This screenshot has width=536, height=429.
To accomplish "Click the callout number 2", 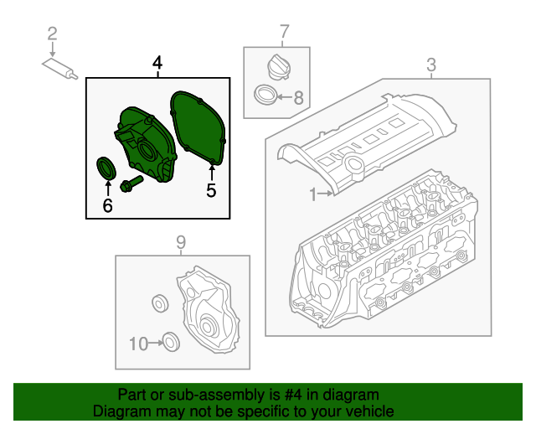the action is click(52, 34).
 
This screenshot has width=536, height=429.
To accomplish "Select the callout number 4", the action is click(157, 64).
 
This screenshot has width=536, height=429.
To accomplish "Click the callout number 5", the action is click(211, 191).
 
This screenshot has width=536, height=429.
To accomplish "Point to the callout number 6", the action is click(107, 204).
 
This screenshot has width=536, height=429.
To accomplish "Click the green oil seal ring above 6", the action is click(107, 166).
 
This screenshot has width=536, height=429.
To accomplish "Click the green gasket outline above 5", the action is click(196, 126).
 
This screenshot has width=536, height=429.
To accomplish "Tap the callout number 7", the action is click(284, 33).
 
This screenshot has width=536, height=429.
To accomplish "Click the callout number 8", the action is click(300, 97).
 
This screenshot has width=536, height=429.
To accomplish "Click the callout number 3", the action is click(431, 64).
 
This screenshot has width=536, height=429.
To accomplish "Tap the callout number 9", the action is click(180, 243).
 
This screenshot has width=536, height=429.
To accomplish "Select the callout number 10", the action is click(138, 343).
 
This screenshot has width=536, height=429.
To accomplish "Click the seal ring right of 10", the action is click(170, 341).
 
